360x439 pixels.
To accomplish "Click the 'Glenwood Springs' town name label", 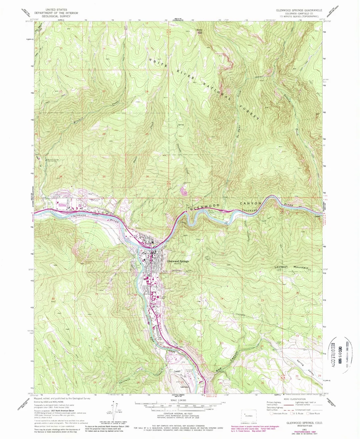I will [178, 261].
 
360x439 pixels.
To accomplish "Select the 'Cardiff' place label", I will [177, 371].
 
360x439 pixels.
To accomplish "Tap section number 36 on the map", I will [146, 176].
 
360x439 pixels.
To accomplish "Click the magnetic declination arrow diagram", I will [114, 410].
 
